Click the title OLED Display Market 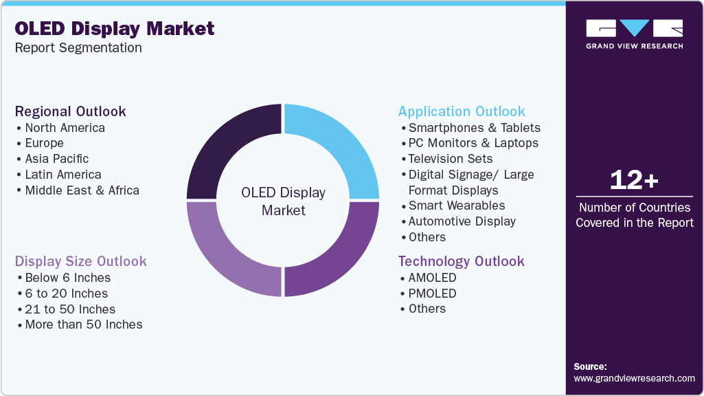coord(115,29)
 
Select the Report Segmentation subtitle coord(78,48)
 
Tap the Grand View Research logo coord(634,34)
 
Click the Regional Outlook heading coord(71,111)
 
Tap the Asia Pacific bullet coord(57,159)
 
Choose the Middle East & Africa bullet coord(82,190)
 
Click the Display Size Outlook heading coord(81,261)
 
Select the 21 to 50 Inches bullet coord(70,309)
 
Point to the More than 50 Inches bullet coord(84,324)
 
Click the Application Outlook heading coord(462,111)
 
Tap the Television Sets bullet coord(451,159)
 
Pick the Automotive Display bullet coord(462,221)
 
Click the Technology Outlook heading coord(462,261)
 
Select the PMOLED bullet coord(432,294)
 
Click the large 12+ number coord(634,180)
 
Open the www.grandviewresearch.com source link coord(634,378)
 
